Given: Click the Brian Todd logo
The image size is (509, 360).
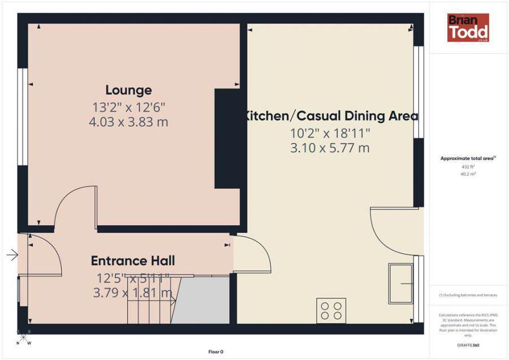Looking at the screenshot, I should point(468,28).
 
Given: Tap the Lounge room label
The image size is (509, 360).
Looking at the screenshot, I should point(128,90).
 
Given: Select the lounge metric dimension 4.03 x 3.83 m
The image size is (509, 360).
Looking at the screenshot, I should point(128,121).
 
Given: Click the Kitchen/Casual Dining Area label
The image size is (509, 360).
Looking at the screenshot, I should point(331,116).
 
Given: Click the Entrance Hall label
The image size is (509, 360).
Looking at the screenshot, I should point(133,261).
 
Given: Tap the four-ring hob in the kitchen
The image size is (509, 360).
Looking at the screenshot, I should point(331,311).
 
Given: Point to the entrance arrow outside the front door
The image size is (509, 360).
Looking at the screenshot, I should point(12,255).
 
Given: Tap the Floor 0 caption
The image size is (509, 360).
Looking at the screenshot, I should point(215,352).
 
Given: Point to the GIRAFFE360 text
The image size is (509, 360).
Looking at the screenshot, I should point(468,344).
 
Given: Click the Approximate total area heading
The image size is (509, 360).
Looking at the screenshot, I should point(468,158).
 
